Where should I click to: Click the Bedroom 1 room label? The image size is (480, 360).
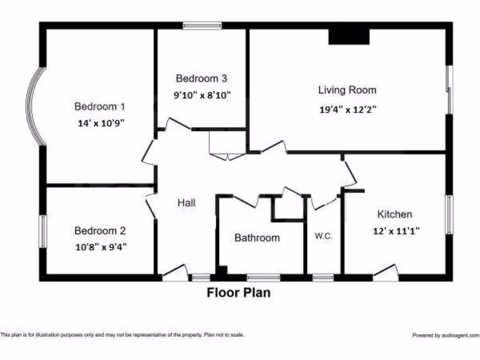99,106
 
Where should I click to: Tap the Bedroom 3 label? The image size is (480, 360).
202,78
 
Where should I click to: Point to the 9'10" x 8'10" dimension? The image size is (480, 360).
202,95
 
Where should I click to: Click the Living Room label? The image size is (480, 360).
347,90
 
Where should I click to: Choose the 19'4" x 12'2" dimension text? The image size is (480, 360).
348,110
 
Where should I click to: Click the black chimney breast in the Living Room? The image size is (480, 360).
349,37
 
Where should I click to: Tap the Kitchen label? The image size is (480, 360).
395,214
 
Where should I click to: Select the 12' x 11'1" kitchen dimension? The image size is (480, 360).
396,231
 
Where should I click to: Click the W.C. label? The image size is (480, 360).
323,237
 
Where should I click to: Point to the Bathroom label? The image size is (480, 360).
257,238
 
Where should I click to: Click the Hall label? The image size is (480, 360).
186,203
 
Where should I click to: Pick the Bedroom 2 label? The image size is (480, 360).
100,231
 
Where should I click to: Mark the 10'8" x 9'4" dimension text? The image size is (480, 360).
101,247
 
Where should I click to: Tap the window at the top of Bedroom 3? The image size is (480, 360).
202,25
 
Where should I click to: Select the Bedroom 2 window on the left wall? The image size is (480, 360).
43,231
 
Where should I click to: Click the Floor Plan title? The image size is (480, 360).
239,293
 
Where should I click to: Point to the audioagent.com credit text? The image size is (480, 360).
445,335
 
